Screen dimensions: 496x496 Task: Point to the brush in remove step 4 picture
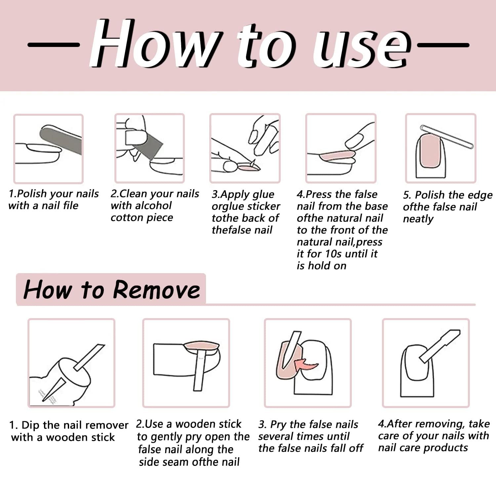(439, 346)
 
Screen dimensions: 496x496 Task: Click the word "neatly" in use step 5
(418, 219)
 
